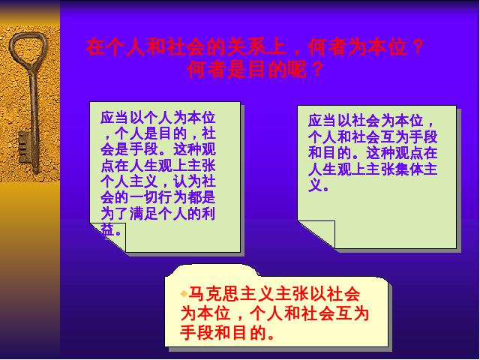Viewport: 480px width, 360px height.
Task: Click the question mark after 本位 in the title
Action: (417, 46)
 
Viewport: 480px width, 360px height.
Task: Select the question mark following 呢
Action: (317, 70)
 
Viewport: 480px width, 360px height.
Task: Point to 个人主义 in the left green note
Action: (129, 181)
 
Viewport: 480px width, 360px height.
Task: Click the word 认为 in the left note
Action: (187, 181)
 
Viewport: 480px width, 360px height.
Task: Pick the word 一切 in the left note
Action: (144, 198)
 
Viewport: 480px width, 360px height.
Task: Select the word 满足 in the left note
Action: (144, 214)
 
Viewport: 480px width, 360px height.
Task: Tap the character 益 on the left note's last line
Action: (108, 229)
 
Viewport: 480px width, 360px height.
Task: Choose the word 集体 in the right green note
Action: (408, 169)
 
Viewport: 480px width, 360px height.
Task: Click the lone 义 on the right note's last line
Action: (315, 185)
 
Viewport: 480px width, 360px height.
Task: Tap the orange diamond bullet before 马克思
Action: (184, 294)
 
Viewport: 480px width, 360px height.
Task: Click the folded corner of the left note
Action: (110, 235)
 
